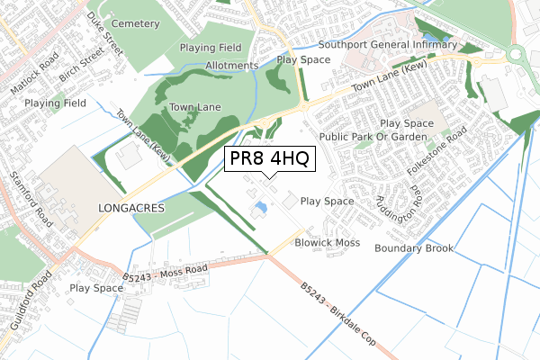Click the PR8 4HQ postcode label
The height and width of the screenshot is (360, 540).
[x=270, y=159]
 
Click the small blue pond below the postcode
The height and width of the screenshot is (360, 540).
[x=260, y=209]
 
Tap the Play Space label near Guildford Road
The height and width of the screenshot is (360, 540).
[x=95, y=289]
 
